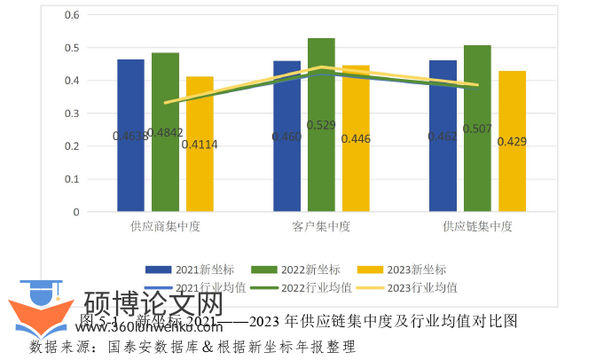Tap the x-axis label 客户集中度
click(x=321, y=226)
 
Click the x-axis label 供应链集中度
click(x=477, y=226)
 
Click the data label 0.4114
click(x=199, y=145)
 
